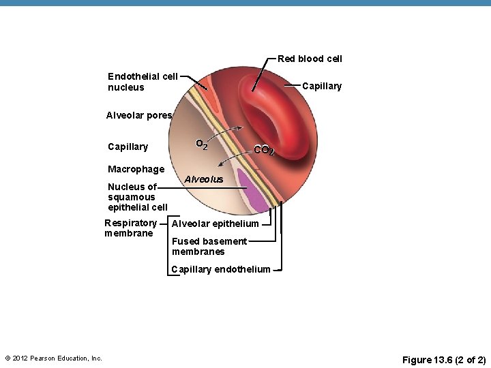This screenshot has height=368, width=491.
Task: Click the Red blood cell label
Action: click(310, 59)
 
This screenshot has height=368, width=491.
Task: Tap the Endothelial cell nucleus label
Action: click(143, 82)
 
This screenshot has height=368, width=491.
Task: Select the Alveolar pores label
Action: click(138, 115)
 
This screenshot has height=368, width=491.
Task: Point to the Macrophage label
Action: click(136, 169)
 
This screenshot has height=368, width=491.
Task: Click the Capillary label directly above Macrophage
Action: click(128, 147)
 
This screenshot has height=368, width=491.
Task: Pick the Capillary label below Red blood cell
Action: click(321, 87)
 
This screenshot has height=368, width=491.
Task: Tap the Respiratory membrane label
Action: click(130, 228)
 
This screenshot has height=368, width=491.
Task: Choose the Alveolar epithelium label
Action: click(215, 224)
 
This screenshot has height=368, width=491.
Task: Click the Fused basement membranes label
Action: click(209, 246)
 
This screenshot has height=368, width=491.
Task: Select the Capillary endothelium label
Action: click(221, 269)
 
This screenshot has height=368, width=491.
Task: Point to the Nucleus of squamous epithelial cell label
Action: click(137, 197)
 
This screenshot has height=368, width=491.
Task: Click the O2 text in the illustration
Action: click(201, 144)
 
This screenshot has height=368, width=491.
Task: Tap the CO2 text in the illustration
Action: click(264, 150)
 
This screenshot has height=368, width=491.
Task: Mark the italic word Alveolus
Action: click(204, 179)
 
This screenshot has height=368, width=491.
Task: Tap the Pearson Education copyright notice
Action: click(53, 358)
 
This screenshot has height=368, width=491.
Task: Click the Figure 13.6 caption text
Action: click(444, 359)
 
